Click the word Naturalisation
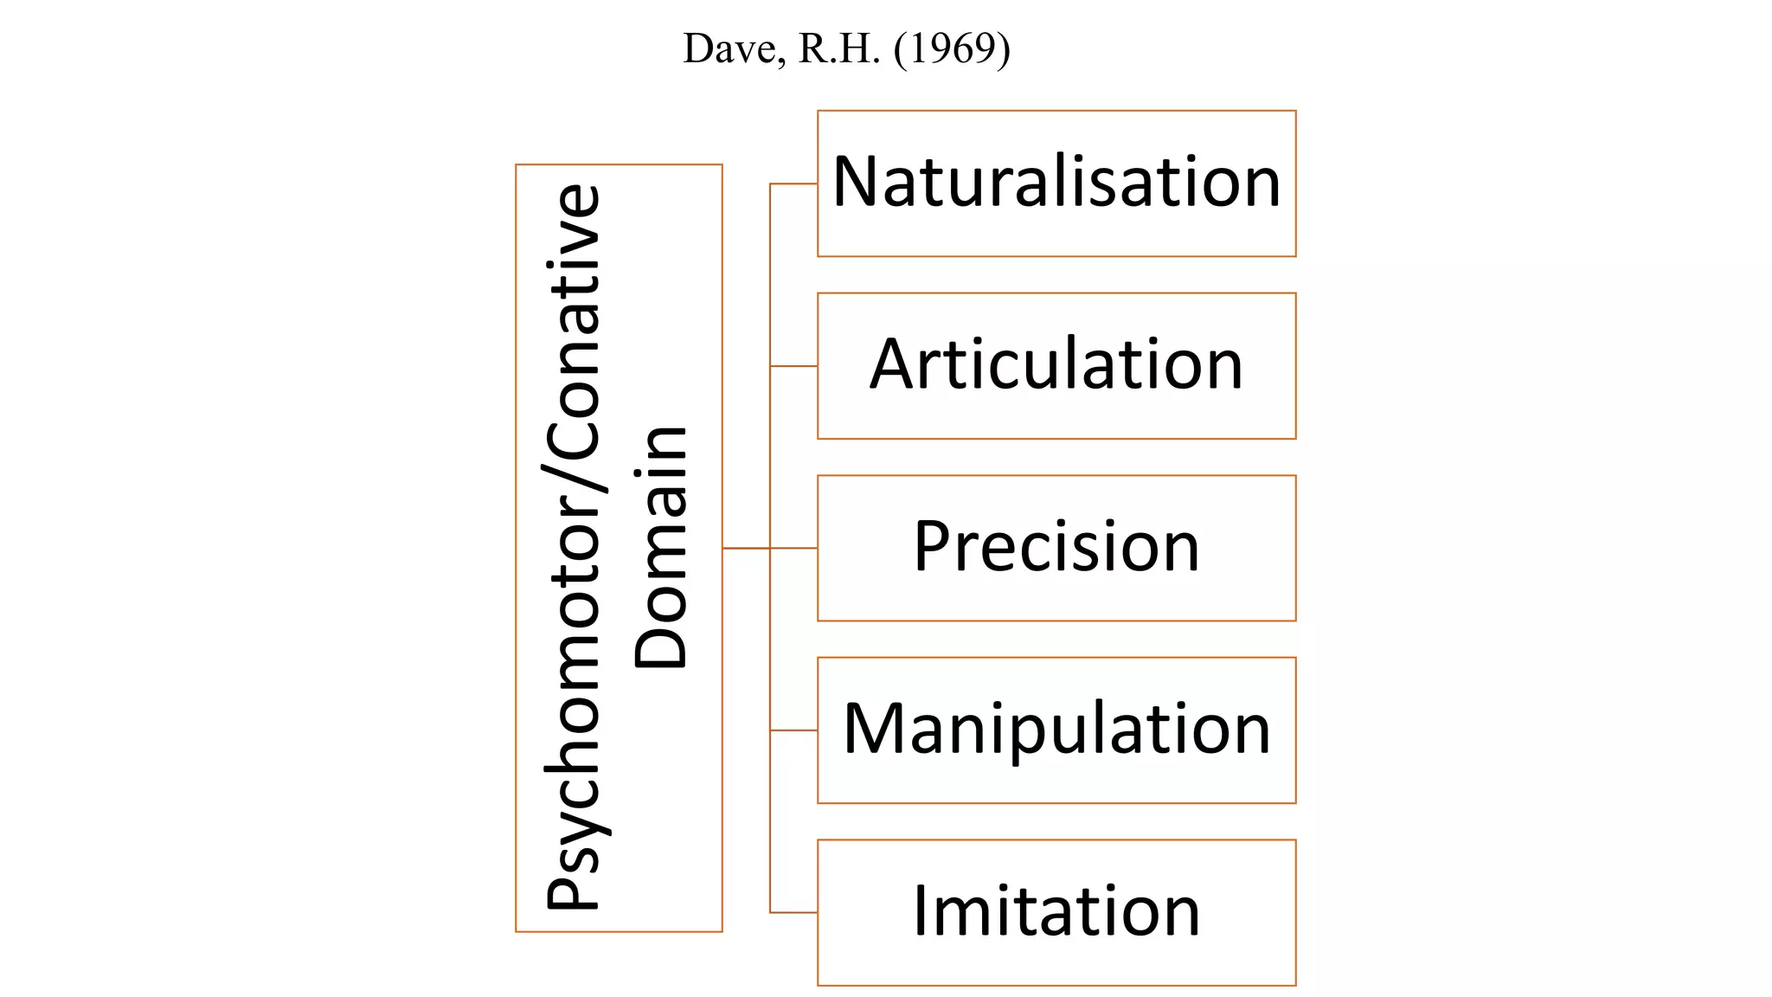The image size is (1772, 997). (1056, 182)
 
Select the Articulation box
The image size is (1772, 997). (1056, 366)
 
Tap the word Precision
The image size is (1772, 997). (1056, 546)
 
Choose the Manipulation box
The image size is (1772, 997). (1056, 730)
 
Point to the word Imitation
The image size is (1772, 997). (1056, 910)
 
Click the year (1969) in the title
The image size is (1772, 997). (952, 49)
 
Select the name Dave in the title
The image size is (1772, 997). (735, 49)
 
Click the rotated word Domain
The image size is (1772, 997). (660, 547)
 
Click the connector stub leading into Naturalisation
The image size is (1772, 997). (793, 183)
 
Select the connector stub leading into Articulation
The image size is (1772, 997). (793, 366)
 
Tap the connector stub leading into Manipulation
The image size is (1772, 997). (793, 730)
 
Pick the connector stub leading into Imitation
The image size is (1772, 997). (793, 912)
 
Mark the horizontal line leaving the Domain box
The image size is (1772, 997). (746, 548)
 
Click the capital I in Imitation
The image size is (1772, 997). (921, 910)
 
